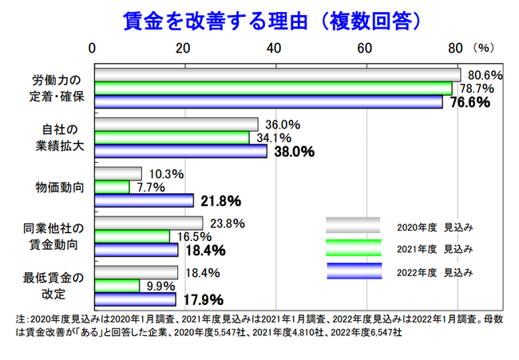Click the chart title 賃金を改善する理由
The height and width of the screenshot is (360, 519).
coord(259,19)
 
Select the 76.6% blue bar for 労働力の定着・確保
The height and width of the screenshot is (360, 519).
coord(268,101)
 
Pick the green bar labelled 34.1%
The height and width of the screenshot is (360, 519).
coord(172,137)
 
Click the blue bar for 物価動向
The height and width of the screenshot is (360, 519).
coord(144,200)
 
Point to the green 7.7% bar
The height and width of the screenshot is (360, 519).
coord(112,187)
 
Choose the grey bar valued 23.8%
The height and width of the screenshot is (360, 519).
coord(149,224)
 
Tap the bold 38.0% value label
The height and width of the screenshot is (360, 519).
coord(293,151)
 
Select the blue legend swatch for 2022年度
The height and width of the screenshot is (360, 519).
coord(353,271)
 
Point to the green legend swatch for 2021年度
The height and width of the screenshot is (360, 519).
coord(353,248)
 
